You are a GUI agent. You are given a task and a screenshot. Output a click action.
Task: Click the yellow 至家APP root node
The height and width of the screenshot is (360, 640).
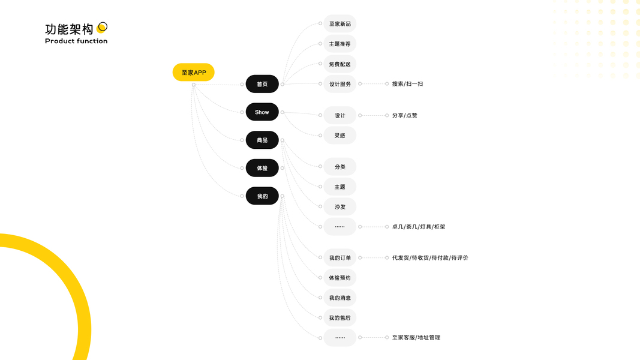(x=193, y=73)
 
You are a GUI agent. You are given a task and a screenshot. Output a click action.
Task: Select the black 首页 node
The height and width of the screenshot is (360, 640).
(x=262, y=84)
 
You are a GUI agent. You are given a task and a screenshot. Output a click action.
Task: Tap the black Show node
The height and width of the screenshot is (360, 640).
(x=262, y=112)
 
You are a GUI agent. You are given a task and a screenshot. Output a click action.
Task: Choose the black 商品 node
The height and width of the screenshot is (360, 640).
(x=262, y=140)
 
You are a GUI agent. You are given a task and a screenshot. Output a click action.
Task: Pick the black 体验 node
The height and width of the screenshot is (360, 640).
(x=262, y=168)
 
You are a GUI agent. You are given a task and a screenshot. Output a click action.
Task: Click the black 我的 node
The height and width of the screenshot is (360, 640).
(x=262, y=196)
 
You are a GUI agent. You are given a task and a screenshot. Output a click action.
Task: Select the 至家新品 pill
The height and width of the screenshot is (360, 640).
(x=339, y=24)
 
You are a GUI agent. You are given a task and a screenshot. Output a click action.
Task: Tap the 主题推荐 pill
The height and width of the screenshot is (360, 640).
(x=339, y=44)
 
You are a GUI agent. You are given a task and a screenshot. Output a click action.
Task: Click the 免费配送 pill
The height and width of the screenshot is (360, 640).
(x=339, y=64)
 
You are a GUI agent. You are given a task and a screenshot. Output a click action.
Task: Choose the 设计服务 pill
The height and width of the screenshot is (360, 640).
(x=339, y=84)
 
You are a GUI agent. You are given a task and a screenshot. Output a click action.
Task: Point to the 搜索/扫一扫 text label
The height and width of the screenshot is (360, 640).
(x=407, y=84)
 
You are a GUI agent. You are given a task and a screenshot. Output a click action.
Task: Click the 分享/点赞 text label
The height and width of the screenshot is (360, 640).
(x=404, y=115)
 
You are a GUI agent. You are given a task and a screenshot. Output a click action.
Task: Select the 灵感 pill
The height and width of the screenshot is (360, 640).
(x=339, y=136)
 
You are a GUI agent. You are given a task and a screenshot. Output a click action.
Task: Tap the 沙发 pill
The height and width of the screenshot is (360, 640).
(x=339, y=207)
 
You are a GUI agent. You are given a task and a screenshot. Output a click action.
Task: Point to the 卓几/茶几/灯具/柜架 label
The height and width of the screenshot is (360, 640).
(x=418, y=227)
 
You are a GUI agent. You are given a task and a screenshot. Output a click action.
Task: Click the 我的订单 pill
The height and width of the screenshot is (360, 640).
(x=339, y=258)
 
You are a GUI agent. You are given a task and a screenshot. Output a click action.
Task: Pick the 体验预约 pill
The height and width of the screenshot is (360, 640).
(x=339, y=278)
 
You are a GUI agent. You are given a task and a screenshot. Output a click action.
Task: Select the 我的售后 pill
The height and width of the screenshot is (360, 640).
(x=339, y=318)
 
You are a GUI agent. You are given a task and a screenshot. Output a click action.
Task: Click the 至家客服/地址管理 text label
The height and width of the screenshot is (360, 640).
(x=416, y=338)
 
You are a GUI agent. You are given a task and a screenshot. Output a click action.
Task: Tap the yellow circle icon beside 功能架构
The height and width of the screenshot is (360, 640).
(x=103, y=27)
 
